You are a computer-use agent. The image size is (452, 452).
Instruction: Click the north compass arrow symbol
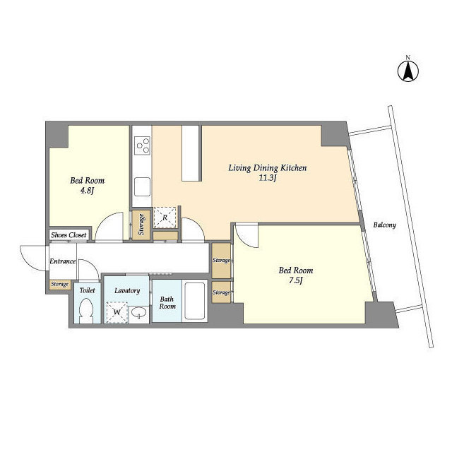(x=408, y=71)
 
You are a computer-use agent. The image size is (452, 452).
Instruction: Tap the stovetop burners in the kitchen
(x=143, y=145)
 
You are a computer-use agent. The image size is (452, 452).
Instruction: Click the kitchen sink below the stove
(x=143, y=186)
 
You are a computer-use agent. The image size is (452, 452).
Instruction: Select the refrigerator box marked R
(x=165, y=218)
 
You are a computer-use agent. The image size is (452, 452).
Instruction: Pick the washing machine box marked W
(x=117, y=312)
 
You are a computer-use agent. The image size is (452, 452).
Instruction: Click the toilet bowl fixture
(x=86, y=311)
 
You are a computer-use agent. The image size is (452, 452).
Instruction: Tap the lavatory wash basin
(x=138, y=313)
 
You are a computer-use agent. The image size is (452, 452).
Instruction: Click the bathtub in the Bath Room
(x=195, y=301)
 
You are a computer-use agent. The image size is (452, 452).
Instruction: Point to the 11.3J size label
(x=268, y=178)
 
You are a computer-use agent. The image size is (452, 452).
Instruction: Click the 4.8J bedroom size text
(x=87, y=191)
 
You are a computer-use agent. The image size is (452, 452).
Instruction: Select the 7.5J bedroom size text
(x=295, y=280)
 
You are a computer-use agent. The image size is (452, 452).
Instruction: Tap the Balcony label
(x=384, y=225)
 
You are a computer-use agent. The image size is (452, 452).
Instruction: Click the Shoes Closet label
(x=69, y=235)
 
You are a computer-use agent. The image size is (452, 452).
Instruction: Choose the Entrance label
(x=63, y=261)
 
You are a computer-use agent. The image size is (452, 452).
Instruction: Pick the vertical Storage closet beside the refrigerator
(x=141, y=225)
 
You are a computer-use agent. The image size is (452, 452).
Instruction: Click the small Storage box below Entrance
(x=60, y=285)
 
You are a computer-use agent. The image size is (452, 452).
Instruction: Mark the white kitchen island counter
(x=191, y=153)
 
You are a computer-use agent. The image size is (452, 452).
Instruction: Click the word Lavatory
(x=127, y=290)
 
